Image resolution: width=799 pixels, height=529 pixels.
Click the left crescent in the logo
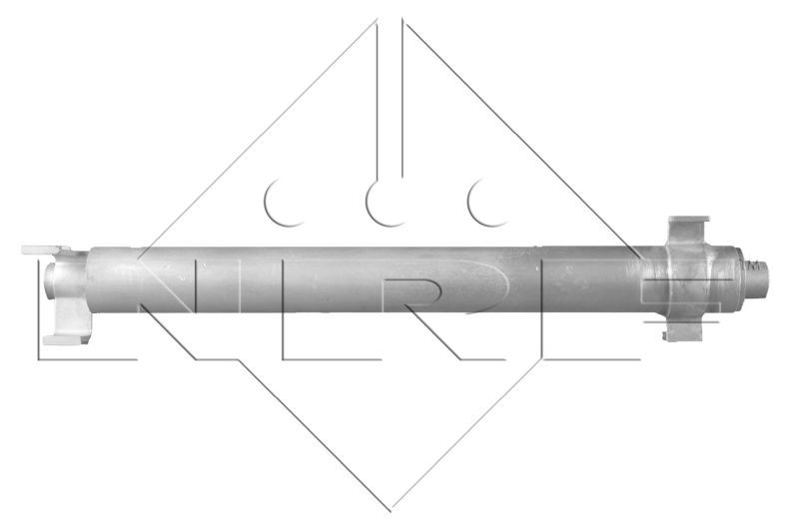point(278,202)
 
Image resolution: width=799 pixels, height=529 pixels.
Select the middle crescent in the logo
point(380,202)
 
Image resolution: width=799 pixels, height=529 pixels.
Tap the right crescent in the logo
point(481,202)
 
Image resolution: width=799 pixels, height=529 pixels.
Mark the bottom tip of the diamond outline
point(391,510)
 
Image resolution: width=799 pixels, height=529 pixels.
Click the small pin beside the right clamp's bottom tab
point(663,335)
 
